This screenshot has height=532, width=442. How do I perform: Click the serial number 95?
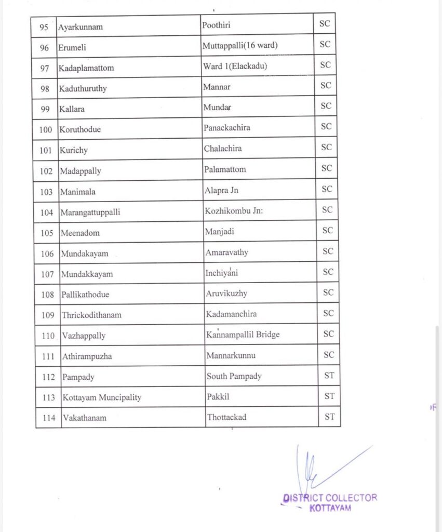44,26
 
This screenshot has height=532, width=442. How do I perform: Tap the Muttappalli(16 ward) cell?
240,46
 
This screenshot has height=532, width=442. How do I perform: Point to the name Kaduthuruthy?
83,88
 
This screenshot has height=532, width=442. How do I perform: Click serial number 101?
46,150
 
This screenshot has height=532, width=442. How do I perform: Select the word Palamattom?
225,169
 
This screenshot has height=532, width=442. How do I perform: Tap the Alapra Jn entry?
221,190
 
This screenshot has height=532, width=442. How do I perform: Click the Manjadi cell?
220,232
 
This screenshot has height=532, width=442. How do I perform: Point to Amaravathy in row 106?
226,252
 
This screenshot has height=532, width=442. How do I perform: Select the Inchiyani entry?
222,273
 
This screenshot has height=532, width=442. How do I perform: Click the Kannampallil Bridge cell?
243,335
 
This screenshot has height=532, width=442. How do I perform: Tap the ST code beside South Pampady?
329,375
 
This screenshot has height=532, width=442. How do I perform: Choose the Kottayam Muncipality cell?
102,397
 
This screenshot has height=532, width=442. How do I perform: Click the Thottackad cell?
226,417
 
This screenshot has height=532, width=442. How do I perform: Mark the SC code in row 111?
328,354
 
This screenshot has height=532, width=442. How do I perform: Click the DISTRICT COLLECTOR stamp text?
330,498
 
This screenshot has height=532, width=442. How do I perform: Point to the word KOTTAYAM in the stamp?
330,508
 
